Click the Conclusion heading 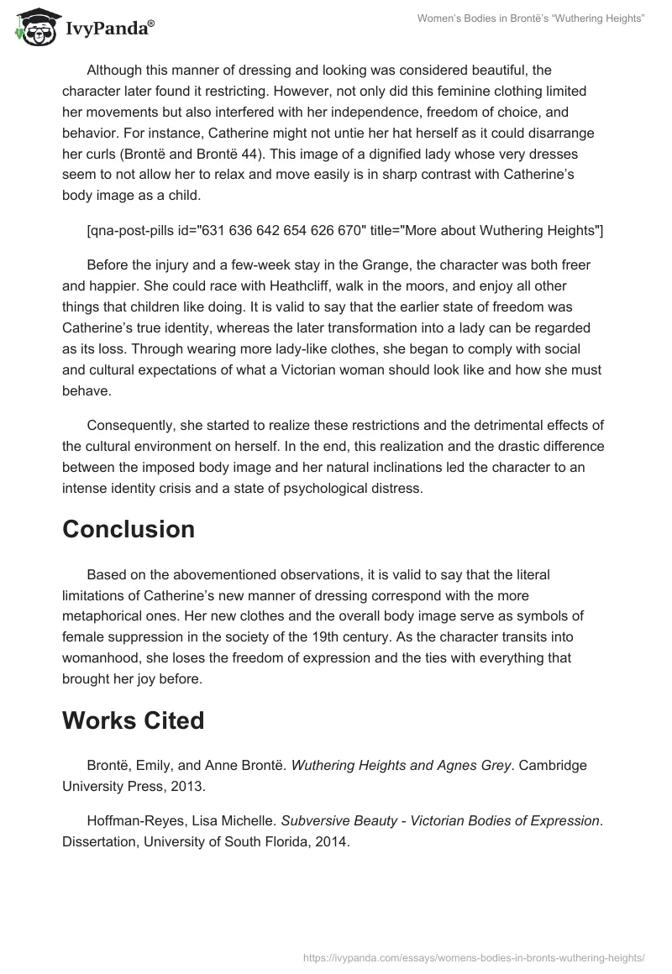[x=129, y=529]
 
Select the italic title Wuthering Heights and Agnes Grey [x=401, y=766]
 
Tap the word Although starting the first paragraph [x=119, y=71]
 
